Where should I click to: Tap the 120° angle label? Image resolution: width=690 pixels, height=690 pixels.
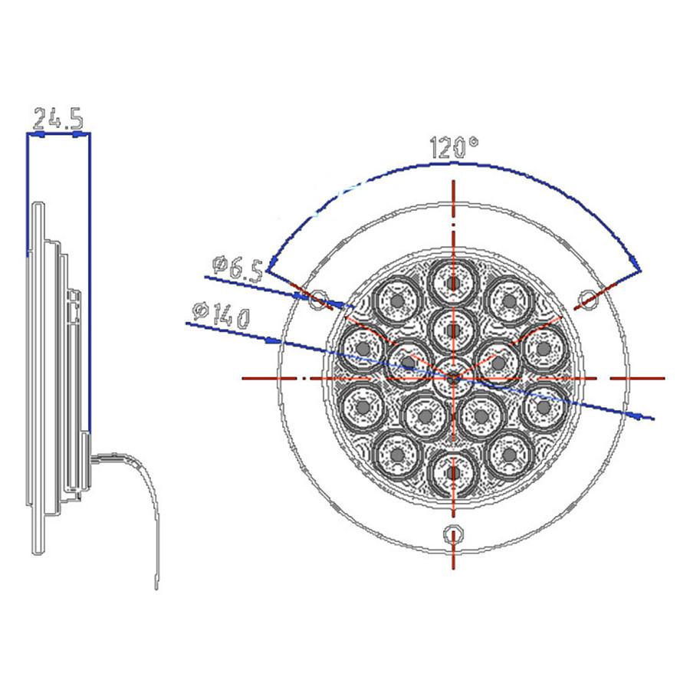pyautogui.click(x=453, y=146)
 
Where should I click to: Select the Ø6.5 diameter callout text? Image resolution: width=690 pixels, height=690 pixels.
pyautogui.click(x=237, y=268)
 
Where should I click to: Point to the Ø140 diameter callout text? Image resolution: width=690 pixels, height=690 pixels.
pyautogui.click(x=222, y=314)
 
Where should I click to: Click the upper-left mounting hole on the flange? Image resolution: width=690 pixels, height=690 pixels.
pyautogui.click(x=316, y=300)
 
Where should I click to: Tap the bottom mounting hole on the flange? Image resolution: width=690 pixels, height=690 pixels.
pyautogui.click(x=455, y=534)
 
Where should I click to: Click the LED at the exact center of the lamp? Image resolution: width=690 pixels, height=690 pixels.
pyautogui.click(x=453, y=377)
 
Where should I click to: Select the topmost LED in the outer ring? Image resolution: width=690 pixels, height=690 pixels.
pyautogui.click(x=454, y=284)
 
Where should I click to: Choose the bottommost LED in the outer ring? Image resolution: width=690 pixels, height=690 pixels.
pyautogui.click(x=454, y=471)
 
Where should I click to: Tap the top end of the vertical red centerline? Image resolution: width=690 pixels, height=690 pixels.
pyautogui.click(x=454, y=182)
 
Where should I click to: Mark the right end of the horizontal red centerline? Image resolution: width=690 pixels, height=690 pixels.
pyautogui.click(x=663, y=378)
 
